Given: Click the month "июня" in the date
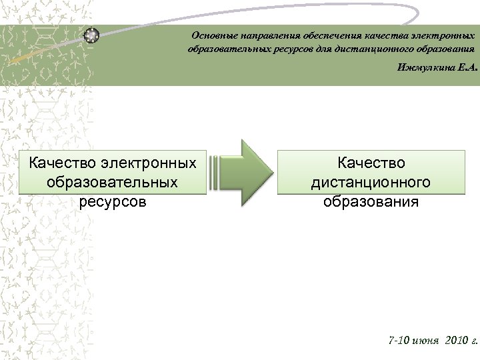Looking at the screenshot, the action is (427, 340).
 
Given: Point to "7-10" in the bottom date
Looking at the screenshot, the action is (400, 340).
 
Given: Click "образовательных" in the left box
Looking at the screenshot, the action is (112, 182).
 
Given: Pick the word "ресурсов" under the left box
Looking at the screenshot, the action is (112, 201).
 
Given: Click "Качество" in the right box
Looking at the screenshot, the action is (371, 163).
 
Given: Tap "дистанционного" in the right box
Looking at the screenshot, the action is (371, 182).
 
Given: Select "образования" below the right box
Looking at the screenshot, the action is (371, 201).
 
